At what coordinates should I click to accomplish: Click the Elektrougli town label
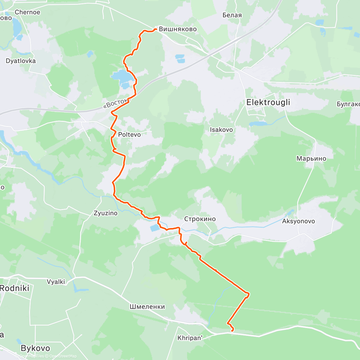pos(268,102)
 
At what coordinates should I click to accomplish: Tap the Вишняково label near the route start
pos(178,29)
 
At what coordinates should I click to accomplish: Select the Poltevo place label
pos(129,134)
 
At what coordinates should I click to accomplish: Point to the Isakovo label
pos(221,130)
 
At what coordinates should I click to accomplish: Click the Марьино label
pos(311,158)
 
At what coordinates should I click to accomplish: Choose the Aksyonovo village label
pos(298,221)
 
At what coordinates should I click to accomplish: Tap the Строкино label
pos(200,219)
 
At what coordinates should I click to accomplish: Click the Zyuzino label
pos(106,213)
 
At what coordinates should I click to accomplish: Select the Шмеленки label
pos(147,307)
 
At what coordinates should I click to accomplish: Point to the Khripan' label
pos(190,338)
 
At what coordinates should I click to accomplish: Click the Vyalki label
pos(56,282)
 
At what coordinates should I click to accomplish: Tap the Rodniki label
pos(14,288)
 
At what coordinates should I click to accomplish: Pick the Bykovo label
pos(35,348)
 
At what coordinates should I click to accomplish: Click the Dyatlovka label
pos(21,61)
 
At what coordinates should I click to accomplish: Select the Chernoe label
pos(27,12)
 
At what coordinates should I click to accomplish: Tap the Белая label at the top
pos(232,15)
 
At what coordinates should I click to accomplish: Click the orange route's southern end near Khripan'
pos(233,331)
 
